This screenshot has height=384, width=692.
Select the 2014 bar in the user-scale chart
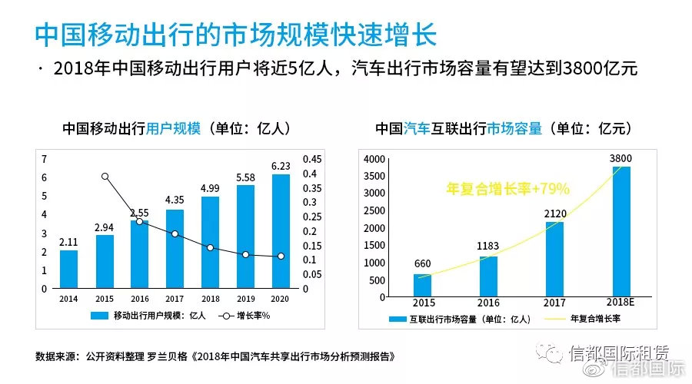coord(68,269)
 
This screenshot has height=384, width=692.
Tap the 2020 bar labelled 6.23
coord(281,230)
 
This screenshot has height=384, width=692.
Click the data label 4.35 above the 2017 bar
coord(175,200)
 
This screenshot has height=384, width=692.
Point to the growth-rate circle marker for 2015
coord(105,177)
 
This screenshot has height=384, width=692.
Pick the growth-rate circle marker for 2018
coord(210,248)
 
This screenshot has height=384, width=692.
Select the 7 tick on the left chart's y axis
coord(44,159)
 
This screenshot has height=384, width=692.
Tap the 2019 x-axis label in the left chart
coord(245,299)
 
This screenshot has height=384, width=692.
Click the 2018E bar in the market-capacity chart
coord(621,230)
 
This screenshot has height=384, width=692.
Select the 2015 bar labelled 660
coord(422,285)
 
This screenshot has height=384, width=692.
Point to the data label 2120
coord(554,212)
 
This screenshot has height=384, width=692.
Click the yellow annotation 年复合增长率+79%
coord(507,188)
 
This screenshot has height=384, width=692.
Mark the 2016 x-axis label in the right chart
coord(488,303)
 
